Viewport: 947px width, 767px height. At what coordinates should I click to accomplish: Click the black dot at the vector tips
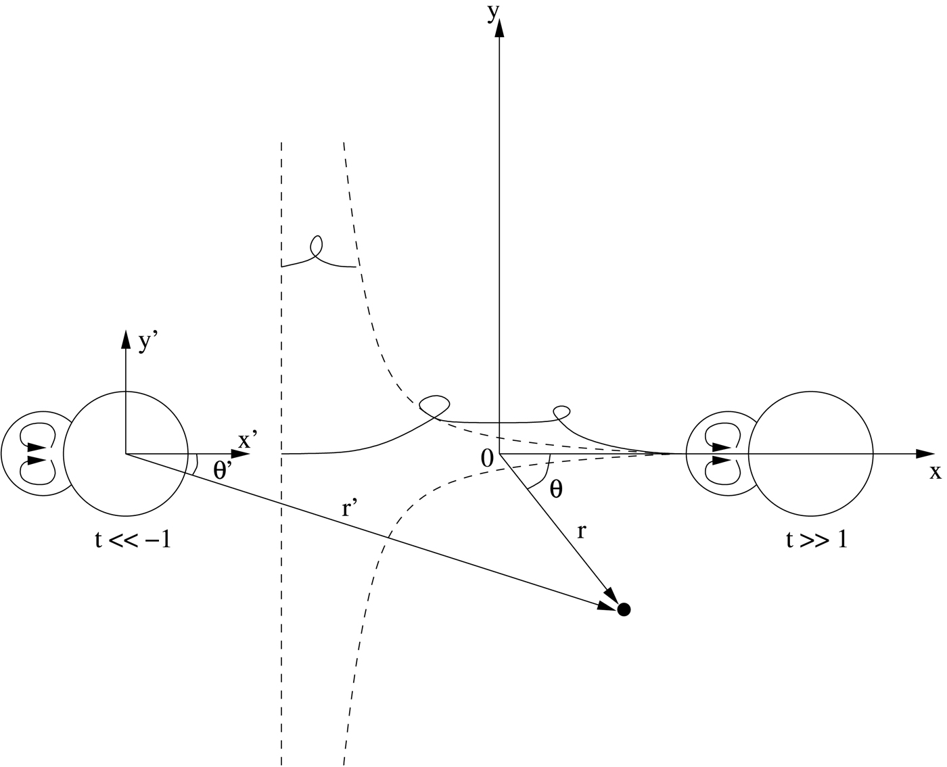pos(624,609)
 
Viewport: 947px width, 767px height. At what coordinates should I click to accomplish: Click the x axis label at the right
pos(936,472)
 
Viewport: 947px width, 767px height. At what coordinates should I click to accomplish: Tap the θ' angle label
pos(221,471)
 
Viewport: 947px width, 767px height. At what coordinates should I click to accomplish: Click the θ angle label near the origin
pos(556,490)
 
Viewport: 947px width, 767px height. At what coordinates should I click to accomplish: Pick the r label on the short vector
pos(582,532)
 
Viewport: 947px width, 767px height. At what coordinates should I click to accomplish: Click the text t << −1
pos(133,540)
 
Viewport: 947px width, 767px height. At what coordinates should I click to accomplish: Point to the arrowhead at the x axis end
pos(924,453)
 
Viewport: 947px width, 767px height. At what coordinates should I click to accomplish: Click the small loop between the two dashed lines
pos(316,246)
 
